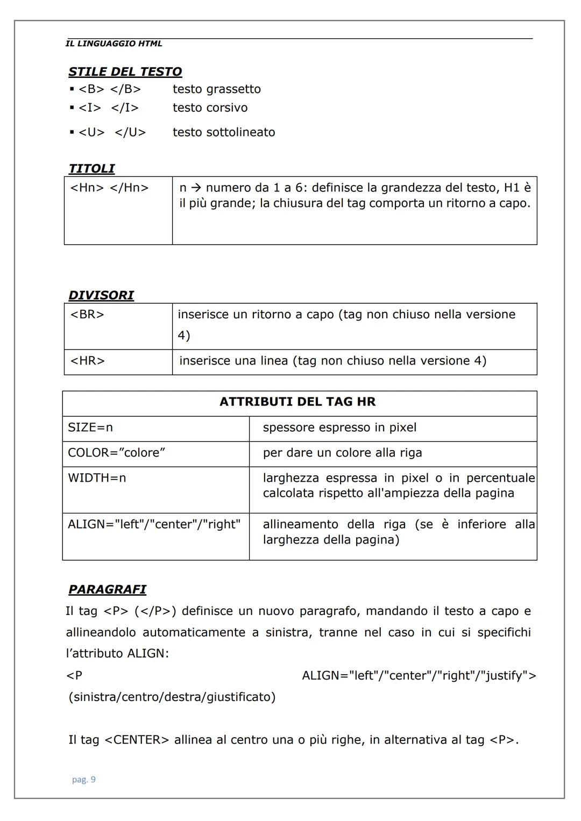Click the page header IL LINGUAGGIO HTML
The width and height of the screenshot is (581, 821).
pyautogui.click(x=114, y=44)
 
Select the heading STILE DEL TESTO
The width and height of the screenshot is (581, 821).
pyautogui.click(x=125, y=72)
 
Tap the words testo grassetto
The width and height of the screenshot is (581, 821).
pyautogui.click(x=216, y=89)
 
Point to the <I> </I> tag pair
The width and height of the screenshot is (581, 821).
pyautogui.click(x=108, y=108)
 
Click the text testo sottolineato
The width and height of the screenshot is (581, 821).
pyautogui.click(x=223, y=132)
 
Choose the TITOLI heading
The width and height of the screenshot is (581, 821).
pyautogui.click(x=91, y=169)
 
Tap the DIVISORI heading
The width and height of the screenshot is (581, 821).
pyautogui.click(x=101, y=295)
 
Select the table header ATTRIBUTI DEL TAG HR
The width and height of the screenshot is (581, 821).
pyautogui.click(x=297, y=402)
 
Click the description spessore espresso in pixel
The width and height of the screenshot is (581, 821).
pyautogui.click(x=339, y=428)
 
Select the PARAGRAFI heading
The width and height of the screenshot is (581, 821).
pyautogui.click(x=107, y=590)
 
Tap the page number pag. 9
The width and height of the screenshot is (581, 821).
pyautogui.click(x=84, y=780)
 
